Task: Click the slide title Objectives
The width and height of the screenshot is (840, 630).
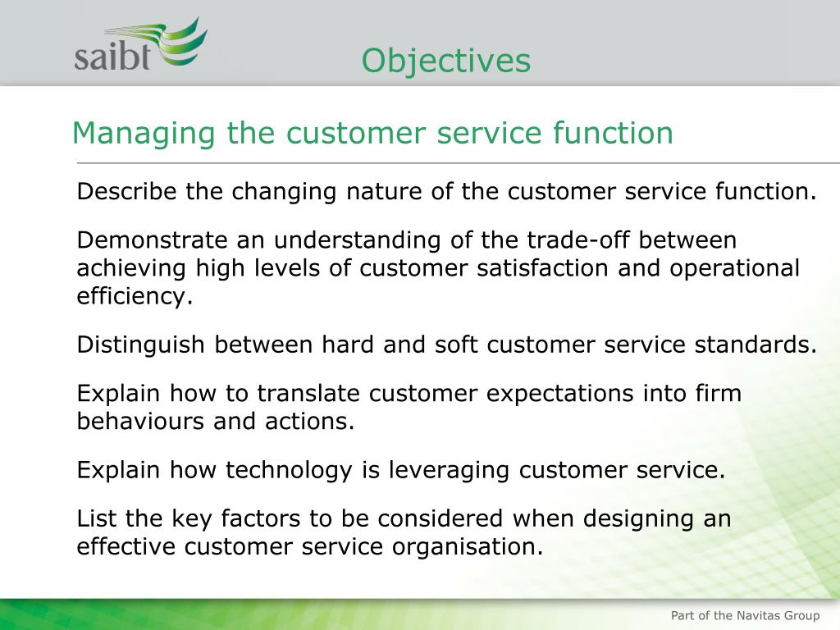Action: (446, 61)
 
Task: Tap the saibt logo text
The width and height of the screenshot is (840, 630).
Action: (112, 57)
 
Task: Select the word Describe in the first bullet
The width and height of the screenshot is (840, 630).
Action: (127, 192)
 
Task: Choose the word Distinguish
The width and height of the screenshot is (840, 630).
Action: (141, 345)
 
